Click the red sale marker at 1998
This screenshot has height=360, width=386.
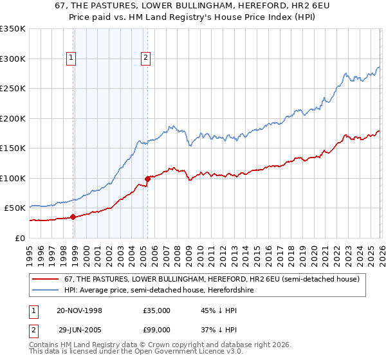point(73,217)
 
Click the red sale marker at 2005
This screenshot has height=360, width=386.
point(148,179)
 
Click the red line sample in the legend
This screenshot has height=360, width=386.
point(47,279)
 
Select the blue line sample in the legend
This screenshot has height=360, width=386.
point(47,290)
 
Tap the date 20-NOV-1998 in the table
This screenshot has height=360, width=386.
point(80,310)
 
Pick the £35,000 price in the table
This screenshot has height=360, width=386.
point(156,310)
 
